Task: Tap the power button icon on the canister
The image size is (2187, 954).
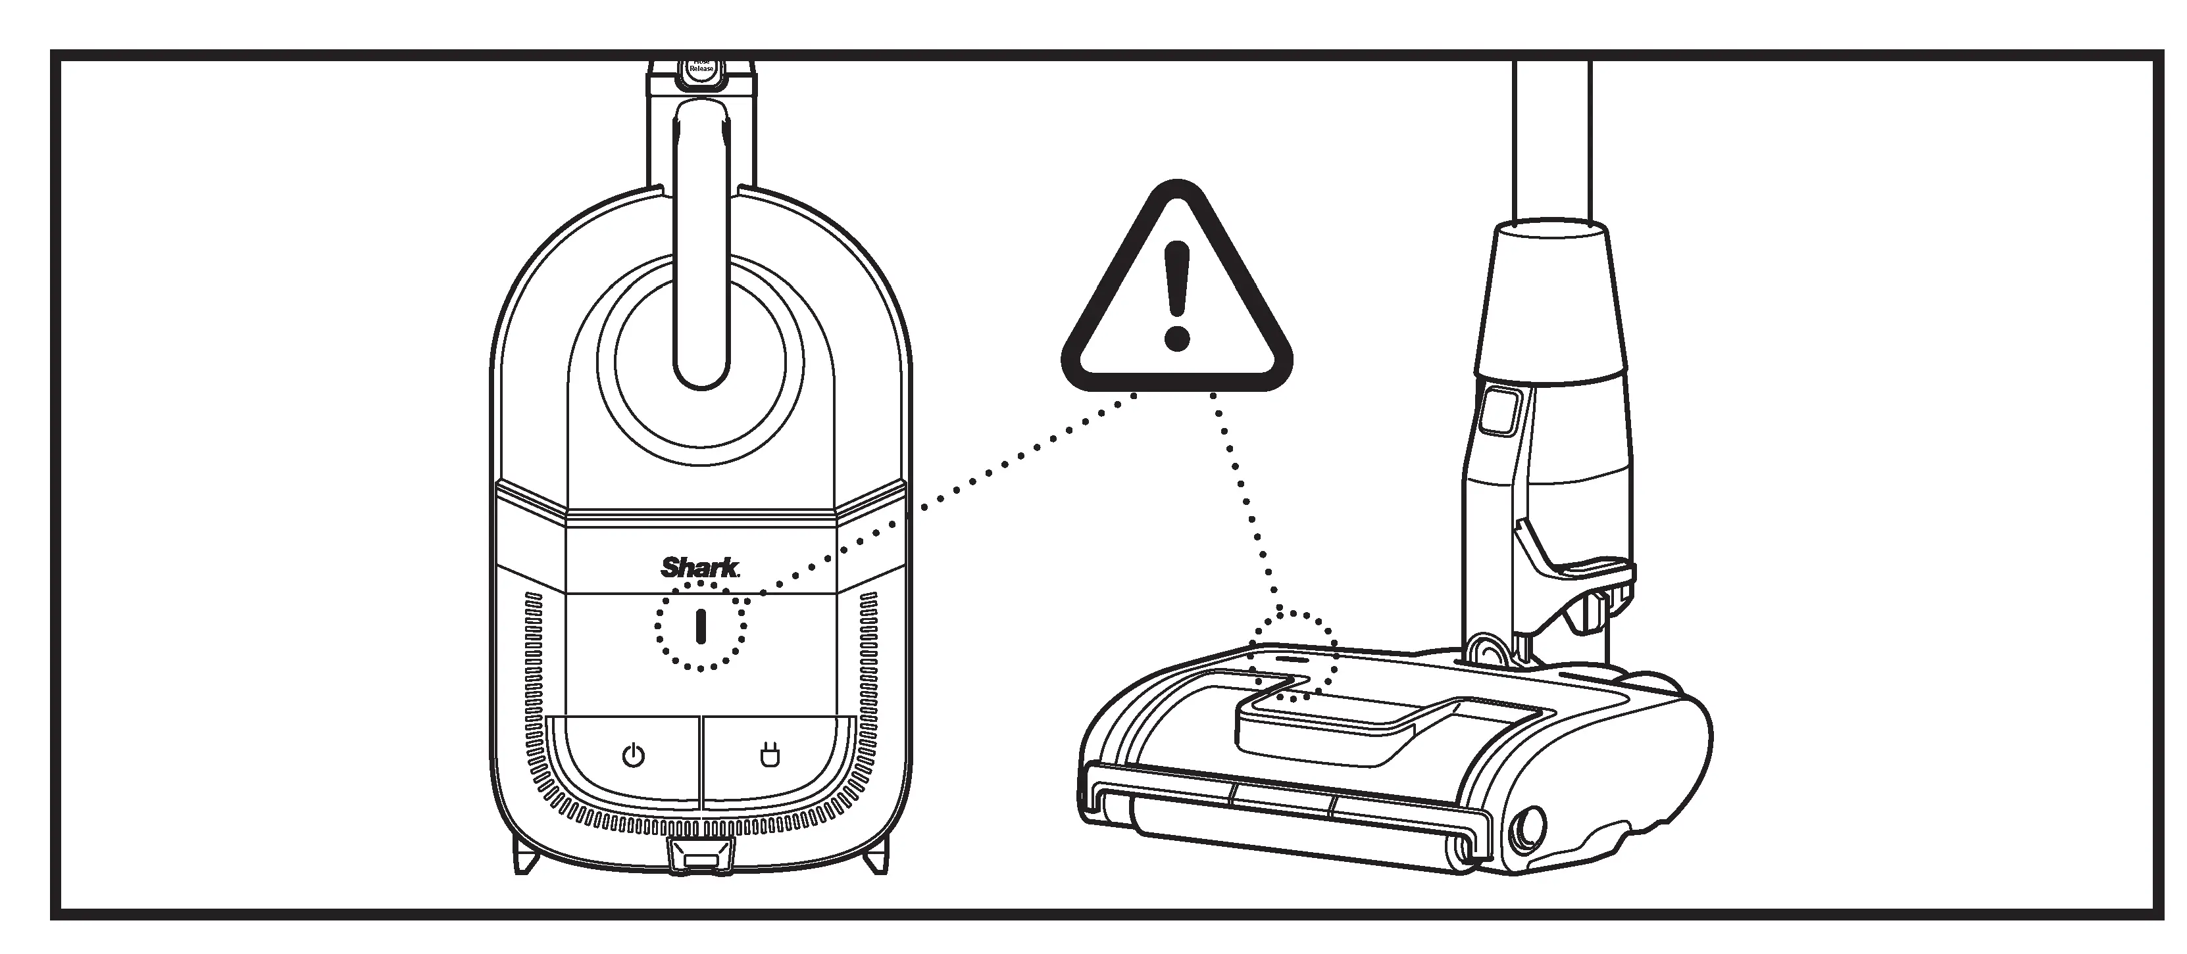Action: [x=634, y=755]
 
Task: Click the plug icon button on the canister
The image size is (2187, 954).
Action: [x=769, y=755]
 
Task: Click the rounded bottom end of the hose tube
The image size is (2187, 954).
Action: [x=701, y=365]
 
